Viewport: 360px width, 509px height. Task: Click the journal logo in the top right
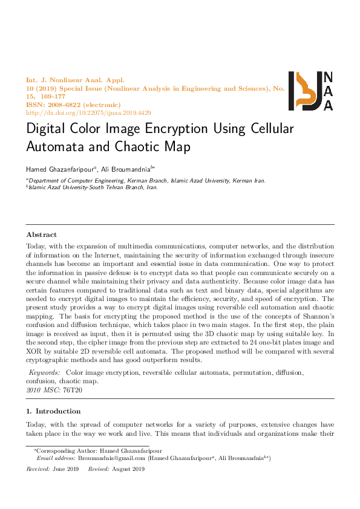[x=310, y=91]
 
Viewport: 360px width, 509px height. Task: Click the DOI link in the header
[x=88, y=113]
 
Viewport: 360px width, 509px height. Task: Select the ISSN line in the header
[x=73, y=105]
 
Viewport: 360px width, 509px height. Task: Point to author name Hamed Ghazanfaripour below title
[x=59, y=169]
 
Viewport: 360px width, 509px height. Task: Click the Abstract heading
[x=42, y=234]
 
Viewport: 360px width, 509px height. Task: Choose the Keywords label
[x=45, y=374]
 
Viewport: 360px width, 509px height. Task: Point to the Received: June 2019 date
[x=53, y=469]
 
